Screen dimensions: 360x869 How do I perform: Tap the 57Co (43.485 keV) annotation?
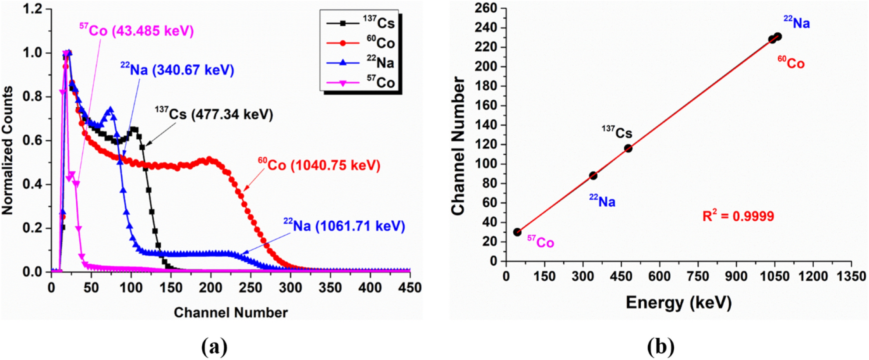137,31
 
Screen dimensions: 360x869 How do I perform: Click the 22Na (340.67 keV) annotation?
177,70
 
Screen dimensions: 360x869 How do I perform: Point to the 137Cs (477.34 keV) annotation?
214,114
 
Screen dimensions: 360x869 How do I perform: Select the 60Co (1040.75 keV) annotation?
319,165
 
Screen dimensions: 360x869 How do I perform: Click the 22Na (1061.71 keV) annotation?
344,226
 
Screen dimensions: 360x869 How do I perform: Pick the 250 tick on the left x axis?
251,288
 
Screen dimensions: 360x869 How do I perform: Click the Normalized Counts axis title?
7,150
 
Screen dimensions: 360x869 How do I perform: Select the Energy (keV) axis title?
678,303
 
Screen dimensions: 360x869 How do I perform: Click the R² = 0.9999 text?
738,216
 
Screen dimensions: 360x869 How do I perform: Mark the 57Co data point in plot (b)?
517,232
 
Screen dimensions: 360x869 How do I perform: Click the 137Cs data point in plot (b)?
628,148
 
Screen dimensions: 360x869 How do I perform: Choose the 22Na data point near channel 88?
593,176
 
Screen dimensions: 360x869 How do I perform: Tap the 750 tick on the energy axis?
698,276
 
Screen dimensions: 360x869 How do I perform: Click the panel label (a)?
214,347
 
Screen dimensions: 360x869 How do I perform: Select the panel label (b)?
661,347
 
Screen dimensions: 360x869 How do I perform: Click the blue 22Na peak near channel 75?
110,109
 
